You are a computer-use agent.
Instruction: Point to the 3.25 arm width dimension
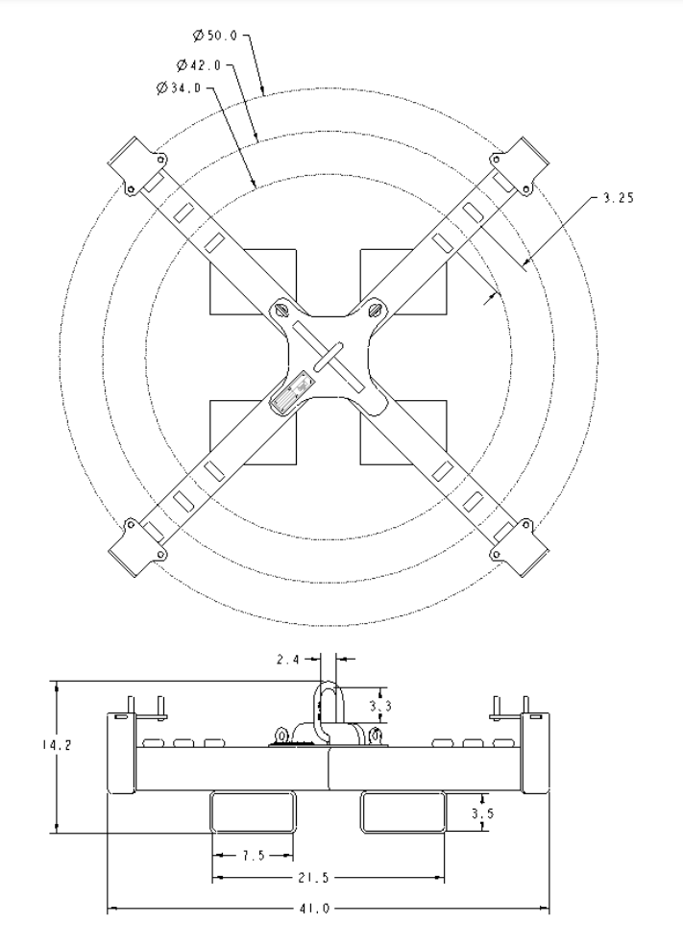click(617, 198)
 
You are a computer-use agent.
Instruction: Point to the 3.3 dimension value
click(380, 707)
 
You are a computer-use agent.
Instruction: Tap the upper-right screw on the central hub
click(376, 311)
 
